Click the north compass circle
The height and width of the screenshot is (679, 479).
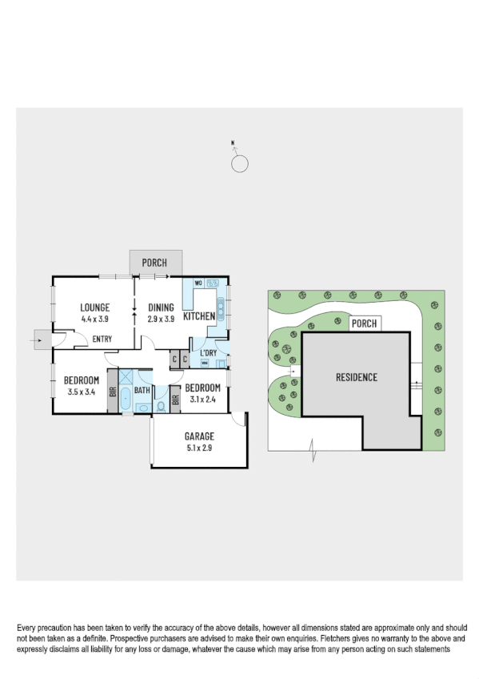point(239,164)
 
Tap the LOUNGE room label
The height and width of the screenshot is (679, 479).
point(94,307)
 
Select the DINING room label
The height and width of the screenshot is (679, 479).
point(161,307)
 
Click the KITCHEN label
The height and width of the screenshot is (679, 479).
point(199,316)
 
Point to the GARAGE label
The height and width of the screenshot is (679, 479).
point(199,436)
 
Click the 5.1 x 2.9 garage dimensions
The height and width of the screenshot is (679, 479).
point(199,448)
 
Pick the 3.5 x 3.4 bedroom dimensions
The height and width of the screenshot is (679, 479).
point(81,392)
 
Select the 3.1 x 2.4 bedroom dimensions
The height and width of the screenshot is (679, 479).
point(202,400)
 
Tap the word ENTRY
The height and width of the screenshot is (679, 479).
point(102,339)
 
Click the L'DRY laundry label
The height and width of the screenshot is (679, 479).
point(209,353)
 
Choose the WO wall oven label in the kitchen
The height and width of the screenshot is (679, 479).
point(197,283)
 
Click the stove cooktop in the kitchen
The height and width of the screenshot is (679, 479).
point(214,283)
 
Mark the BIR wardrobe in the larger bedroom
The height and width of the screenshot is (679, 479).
point(113,392)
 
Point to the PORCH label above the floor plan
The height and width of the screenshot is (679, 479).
point(154,263)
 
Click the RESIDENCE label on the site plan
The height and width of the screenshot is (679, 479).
point(356,377)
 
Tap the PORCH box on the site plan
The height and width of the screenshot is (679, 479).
point(364,324)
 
